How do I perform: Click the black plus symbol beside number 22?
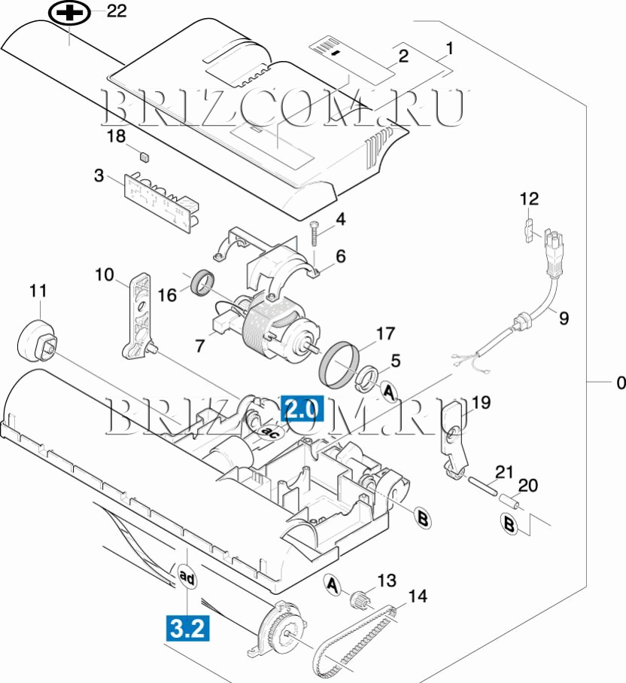click(68, 13)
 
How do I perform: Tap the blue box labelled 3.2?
click(187, 628)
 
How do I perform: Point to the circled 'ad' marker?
click(187, 578)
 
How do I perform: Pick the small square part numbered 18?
click(143, 156)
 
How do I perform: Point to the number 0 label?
click(620, 383)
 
